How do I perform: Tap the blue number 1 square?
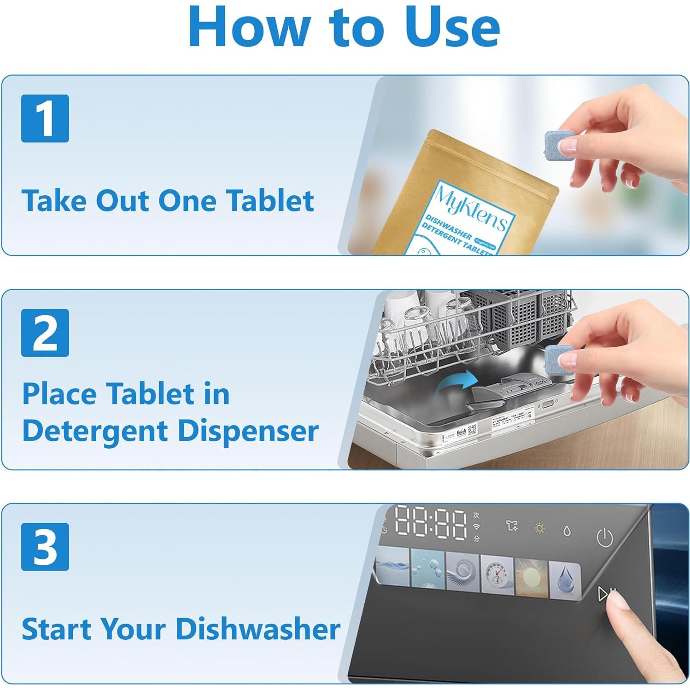(x=45, y=118)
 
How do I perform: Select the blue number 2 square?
(x=45, y=333)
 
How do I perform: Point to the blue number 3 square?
(x=45, y=547)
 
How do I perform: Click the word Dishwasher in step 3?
(x=258, y=629)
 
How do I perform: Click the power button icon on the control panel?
(x=604, y=538)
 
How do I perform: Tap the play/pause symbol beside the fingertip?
(x=605, y=594)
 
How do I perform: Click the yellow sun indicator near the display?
(x=539, y=528)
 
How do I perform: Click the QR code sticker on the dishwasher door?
(x=473, y=430)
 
